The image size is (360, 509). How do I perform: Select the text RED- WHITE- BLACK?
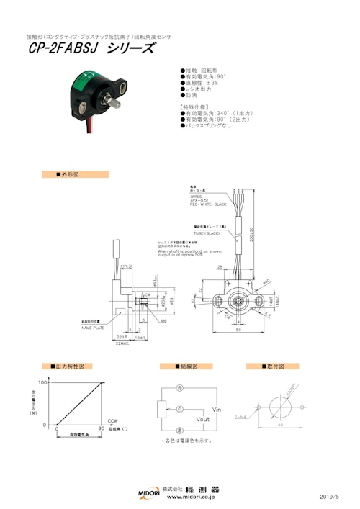tap(208, 204)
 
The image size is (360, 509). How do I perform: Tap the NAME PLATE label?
tap(94, 328)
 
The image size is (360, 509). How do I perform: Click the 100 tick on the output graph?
tap(42, 383)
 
